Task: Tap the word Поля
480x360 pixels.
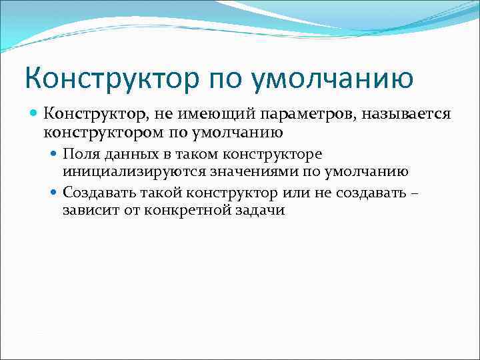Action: tap(78, 155)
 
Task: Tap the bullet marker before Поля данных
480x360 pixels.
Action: tap(55, 155)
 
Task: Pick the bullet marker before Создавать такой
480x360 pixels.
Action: tap(55, 193)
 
